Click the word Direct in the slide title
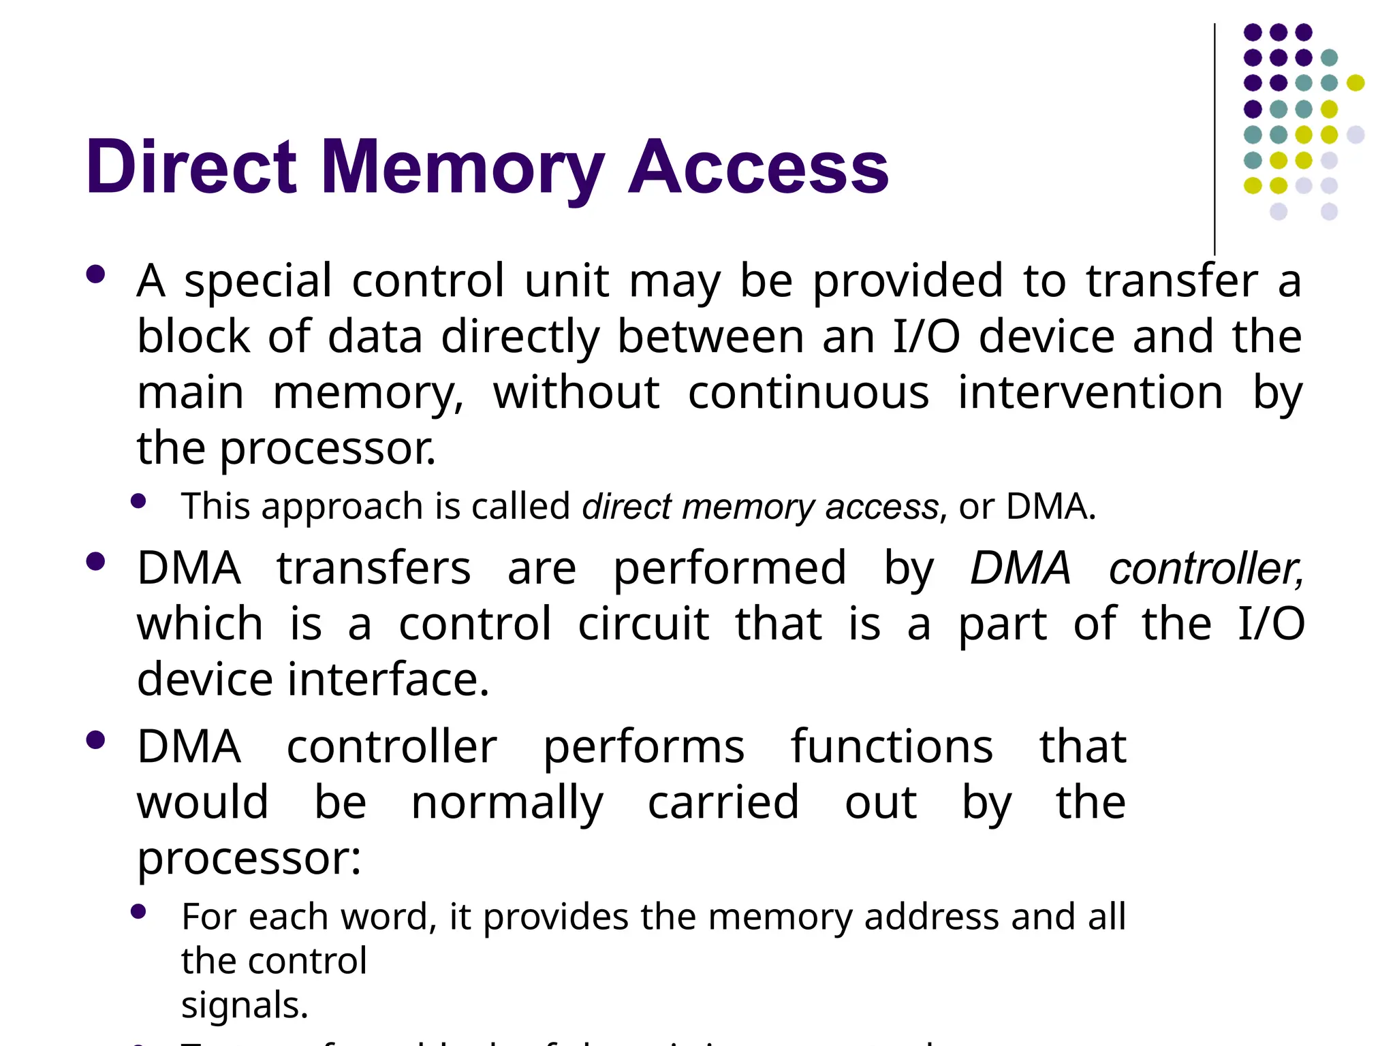tap(191, 167)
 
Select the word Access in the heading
tap(758, 167)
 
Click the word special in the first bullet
tap(258, 281)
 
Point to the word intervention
tap(1091, 393)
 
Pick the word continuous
tap(809, 393)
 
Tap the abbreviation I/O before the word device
tap(926, 336)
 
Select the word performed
tap(730, 569)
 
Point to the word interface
tap(388, 680)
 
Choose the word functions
tap(892, 747)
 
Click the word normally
tap(507, 804)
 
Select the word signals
tap(245, 1005)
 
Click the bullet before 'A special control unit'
tap(96, 274)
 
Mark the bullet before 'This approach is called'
tap(139, 502)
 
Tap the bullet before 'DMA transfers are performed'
tap(96, 562)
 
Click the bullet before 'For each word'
tap(139, 912)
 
